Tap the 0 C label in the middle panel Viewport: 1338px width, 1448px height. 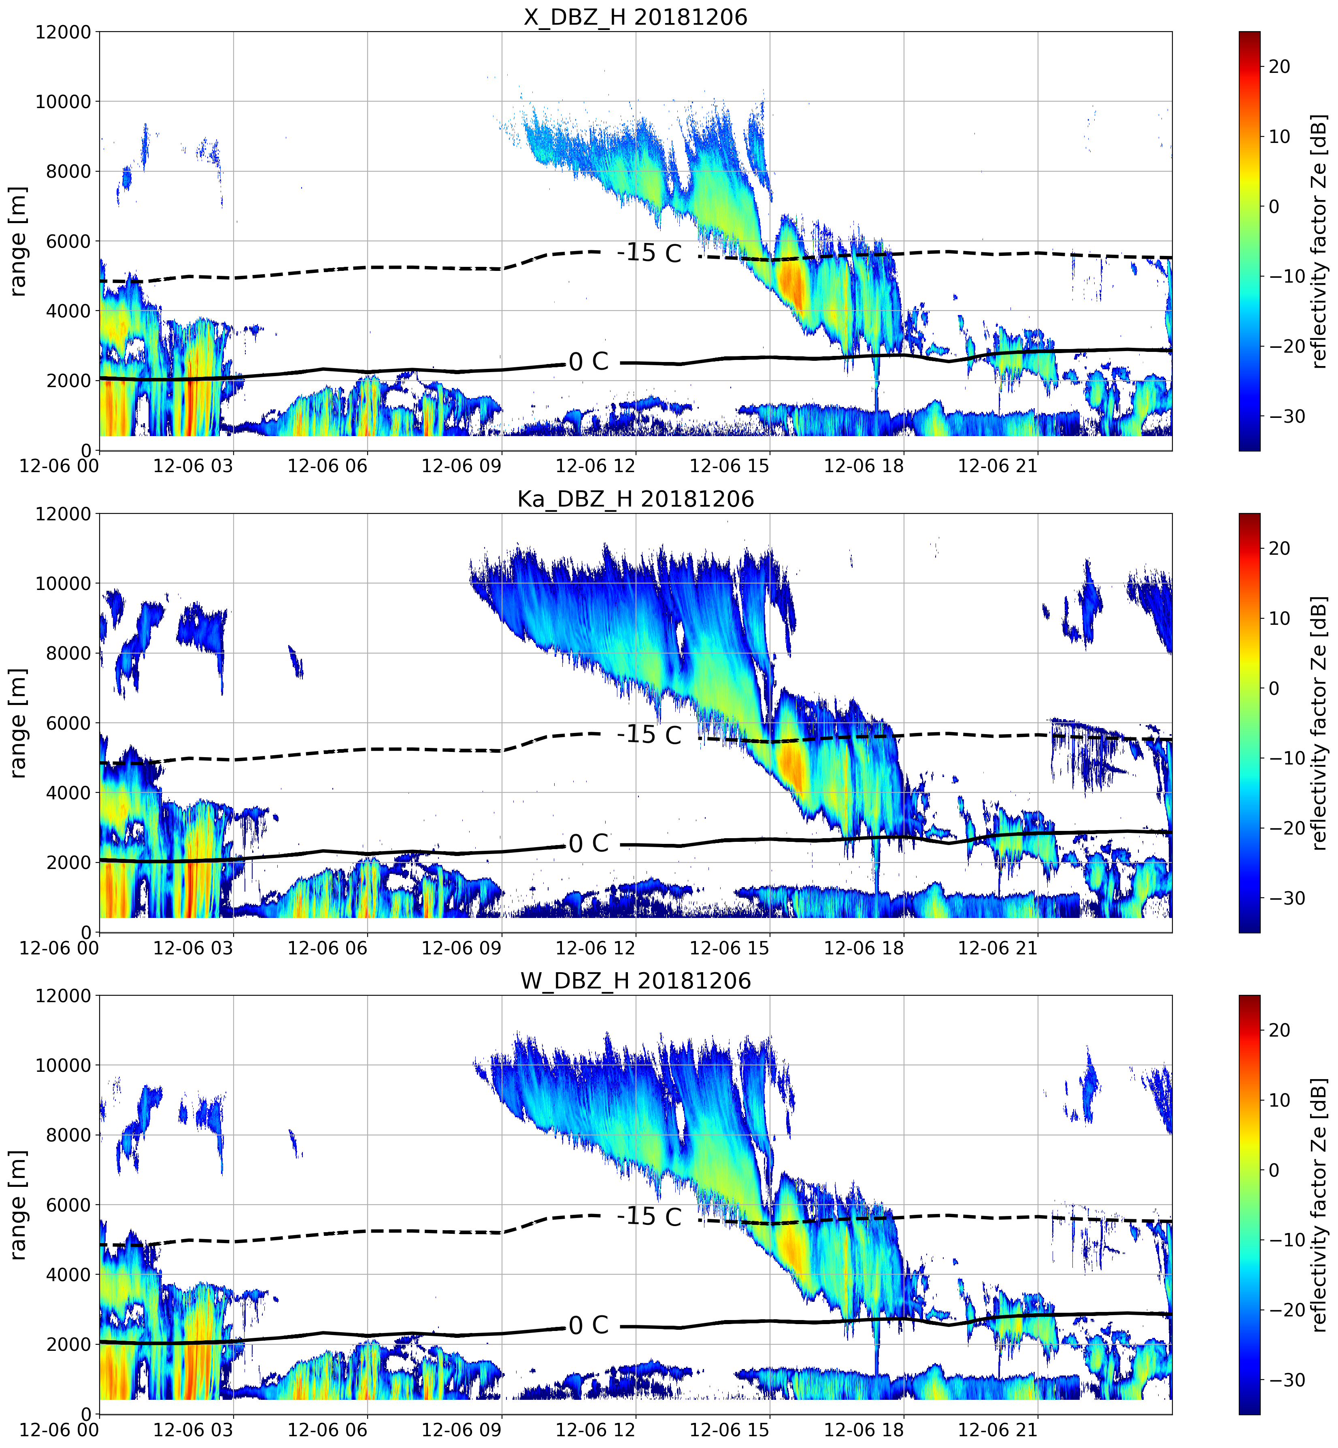[x=589, y=843]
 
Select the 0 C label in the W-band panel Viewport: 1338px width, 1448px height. [x=589, y=1326]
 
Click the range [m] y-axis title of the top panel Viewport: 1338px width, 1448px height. [x=18, y=241]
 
